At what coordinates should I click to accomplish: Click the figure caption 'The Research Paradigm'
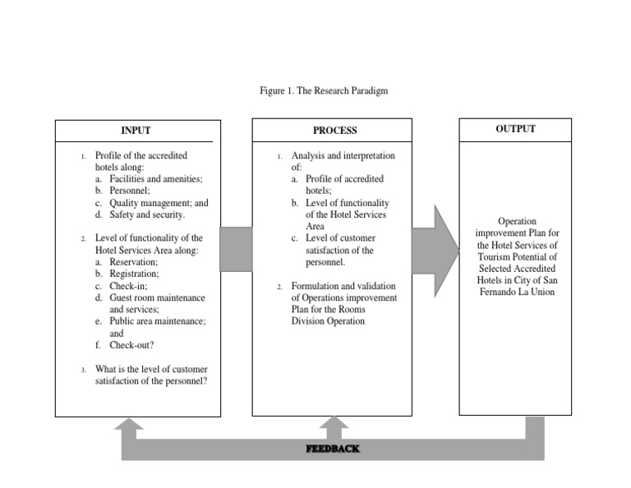pyautogui.click(x=341, y=91)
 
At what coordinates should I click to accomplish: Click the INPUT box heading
pyautogui.click(x=136, y=131)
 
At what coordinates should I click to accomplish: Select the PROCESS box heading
pyautogui.click(x=334, y=131)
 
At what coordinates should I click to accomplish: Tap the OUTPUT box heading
pyautogui.click(x=515, y=129)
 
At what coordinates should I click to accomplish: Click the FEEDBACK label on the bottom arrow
pyautogui.click(x=332, y=449)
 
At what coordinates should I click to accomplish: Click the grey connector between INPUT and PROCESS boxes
pyautogui.click(x=236, y=249)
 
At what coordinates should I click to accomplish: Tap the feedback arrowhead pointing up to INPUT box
pyautogui.click(x=129, y=425)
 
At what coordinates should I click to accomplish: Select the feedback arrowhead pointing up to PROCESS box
pyautogui.click(x=333, y=425)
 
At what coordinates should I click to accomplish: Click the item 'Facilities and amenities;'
pyautogui.click(x=155, y=178)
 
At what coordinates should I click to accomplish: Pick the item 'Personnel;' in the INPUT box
pyautogui.click(x=131, y=191)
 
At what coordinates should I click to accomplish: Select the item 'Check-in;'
pyautogui.click(x=128, y=286)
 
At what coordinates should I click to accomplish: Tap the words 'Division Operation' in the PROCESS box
pyautogui.click(x=329, y=321)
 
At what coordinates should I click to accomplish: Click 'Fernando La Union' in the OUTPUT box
pyautogui.click(x=515, y=292)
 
